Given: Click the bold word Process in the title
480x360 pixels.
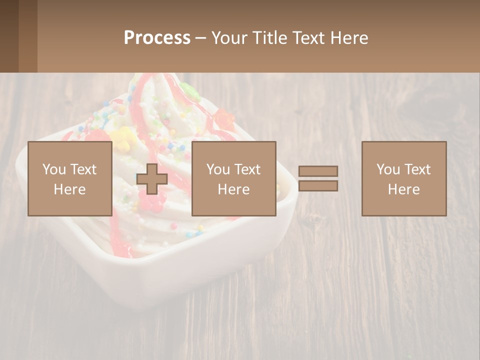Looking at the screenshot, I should click(157, 38).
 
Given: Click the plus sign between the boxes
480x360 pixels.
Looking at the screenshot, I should click(152, 179).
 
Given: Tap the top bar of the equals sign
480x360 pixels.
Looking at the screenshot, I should click(318, 171).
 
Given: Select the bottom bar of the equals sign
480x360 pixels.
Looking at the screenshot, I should click(318, 186).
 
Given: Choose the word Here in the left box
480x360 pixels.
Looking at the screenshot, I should click(69, 189).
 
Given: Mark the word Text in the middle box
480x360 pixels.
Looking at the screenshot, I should click(247, 169).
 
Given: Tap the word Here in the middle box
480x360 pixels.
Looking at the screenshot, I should click(233, 189).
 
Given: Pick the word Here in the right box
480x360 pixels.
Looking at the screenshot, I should click(403, 189).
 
